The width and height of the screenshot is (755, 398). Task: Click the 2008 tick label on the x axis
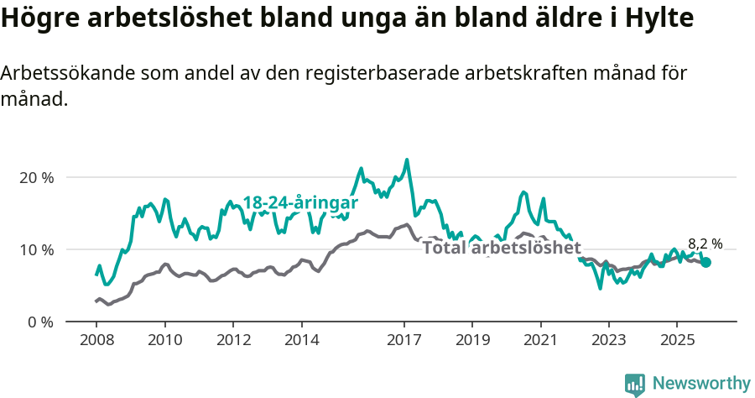(x=96, y=340)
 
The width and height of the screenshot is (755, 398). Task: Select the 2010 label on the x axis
(x=164, y=340)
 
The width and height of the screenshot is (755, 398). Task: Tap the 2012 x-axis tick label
(x=233, y=340)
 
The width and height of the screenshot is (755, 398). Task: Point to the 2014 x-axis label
(x=301, y=340)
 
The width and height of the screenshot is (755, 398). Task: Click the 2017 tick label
(x=404, y=340)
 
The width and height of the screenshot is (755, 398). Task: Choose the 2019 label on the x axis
(x=472, y=340)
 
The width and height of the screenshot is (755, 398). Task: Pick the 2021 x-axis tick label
(x=541, y=340)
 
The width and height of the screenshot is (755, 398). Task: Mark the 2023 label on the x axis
(x=609, y=340)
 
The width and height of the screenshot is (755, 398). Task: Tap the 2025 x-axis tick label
(x=678, y=340)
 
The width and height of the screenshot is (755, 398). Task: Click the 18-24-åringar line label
(x=300, y=203)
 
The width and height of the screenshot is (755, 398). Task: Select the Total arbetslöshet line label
(x=501, y=248)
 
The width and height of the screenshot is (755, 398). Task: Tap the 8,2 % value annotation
(x=705, y=244)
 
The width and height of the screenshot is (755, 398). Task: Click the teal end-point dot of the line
(x=706, y=263)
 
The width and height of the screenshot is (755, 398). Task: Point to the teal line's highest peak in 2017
(x=407, y=160)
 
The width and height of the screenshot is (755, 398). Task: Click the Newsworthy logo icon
(x=635, y=385)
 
